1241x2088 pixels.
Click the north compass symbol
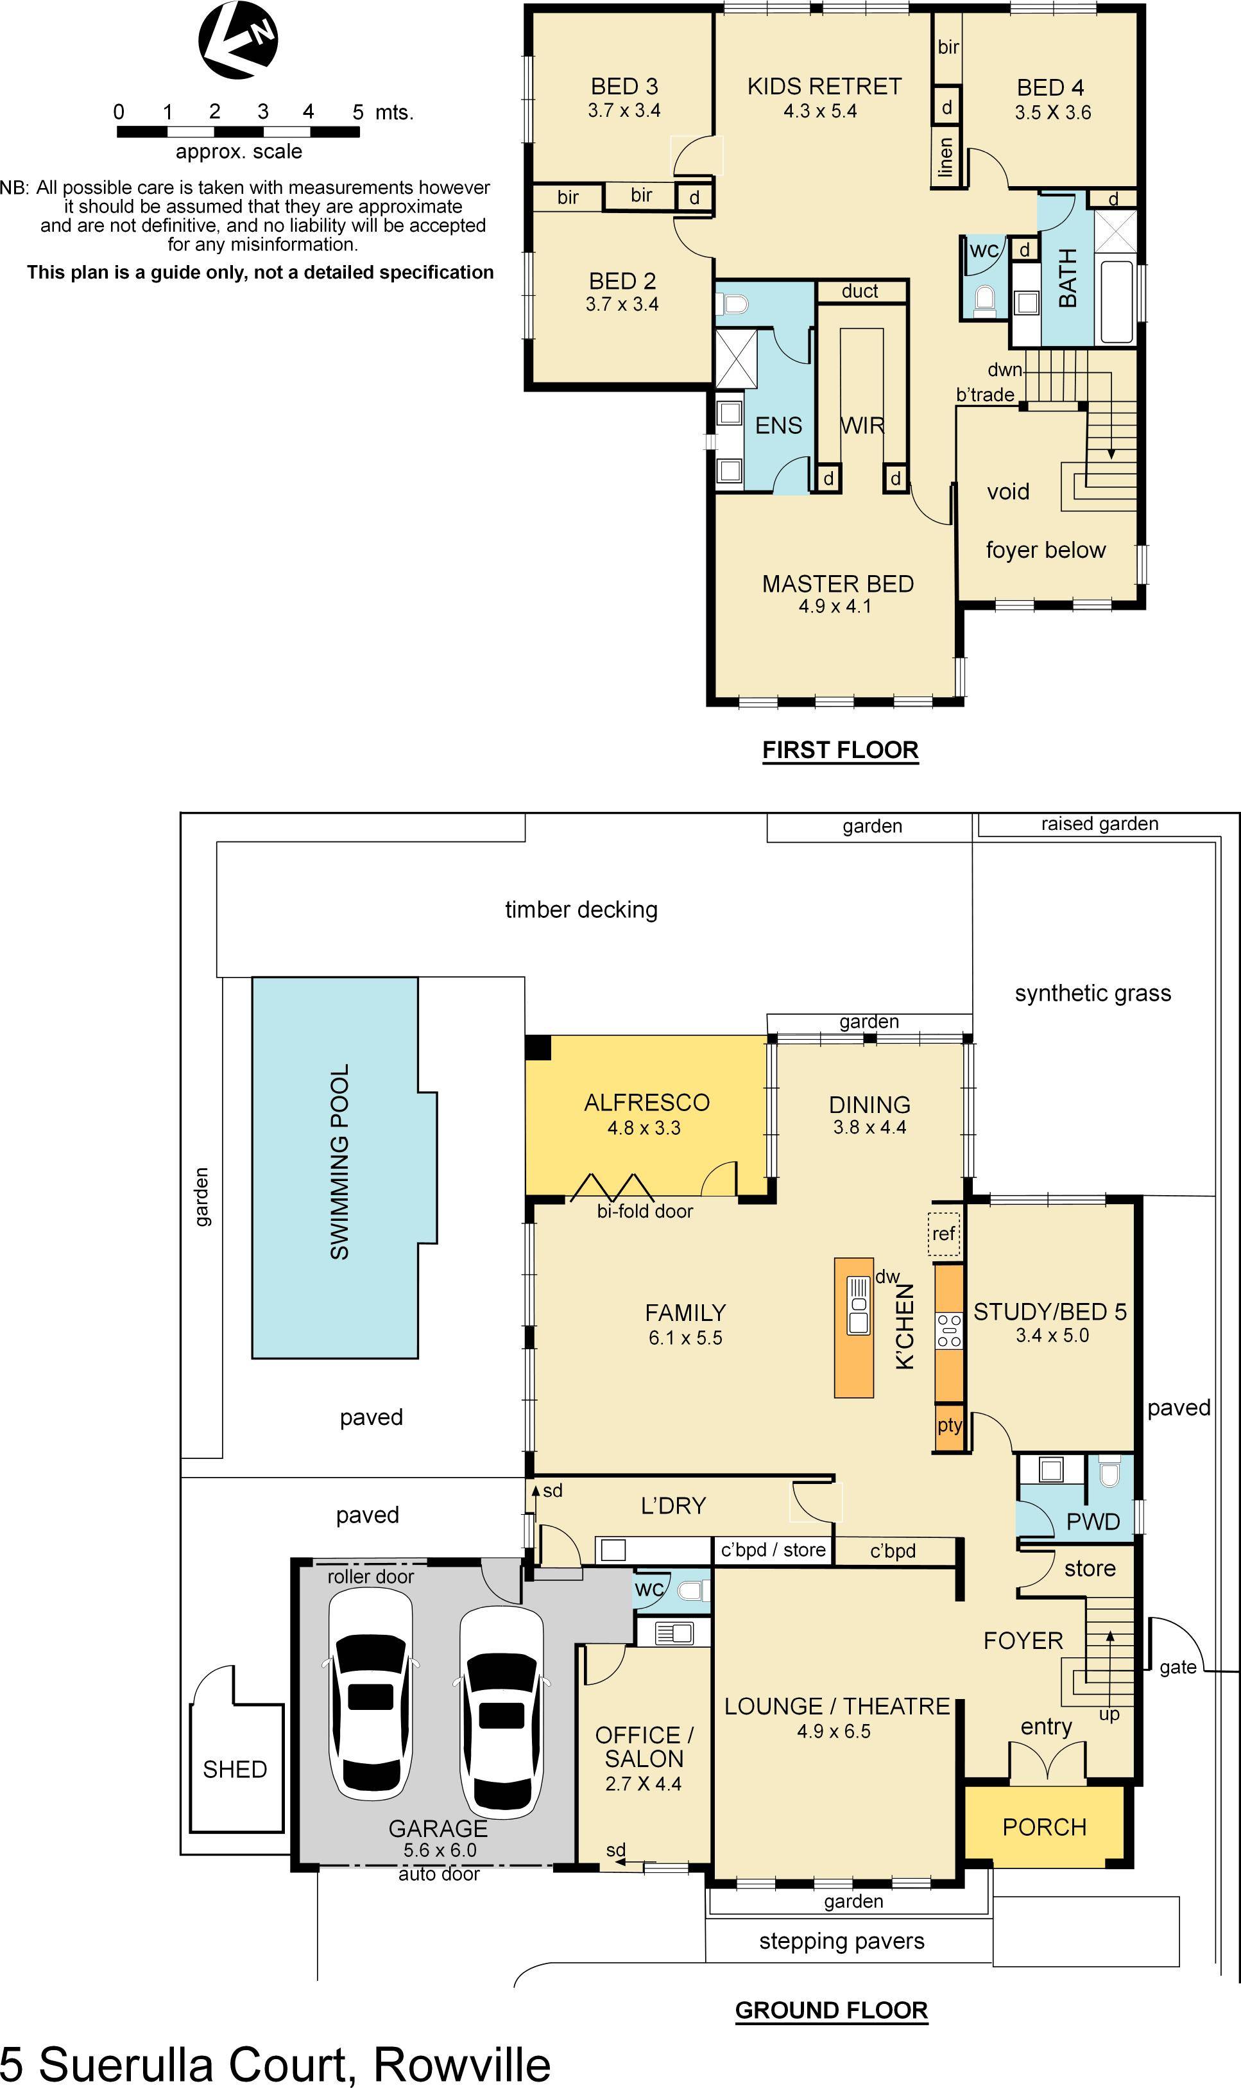coord(238,40)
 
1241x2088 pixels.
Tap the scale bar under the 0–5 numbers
coord(238,132)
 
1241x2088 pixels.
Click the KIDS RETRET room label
coord(824,86)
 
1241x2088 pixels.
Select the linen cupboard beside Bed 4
coord(946,157)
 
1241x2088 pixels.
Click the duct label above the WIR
coord(860,291)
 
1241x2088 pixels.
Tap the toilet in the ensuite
coord(733,304)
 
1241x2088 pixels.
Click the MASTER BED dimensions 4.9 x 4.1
coord(835,607)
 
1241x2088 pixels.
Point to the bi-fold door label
coord(645,1211)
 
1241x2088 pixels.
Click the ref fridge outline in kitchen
coord(943,1234)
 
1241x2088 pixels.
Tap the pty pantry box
coord(949,1424)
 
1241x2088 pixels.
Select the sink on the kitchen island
coord(858,1306)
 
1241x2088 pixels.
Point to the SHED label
coord(235,1769)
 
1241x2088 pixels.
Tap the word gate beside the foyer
coord(1177,1667)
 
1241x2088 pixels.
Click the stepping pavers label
coord(841,1941)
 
